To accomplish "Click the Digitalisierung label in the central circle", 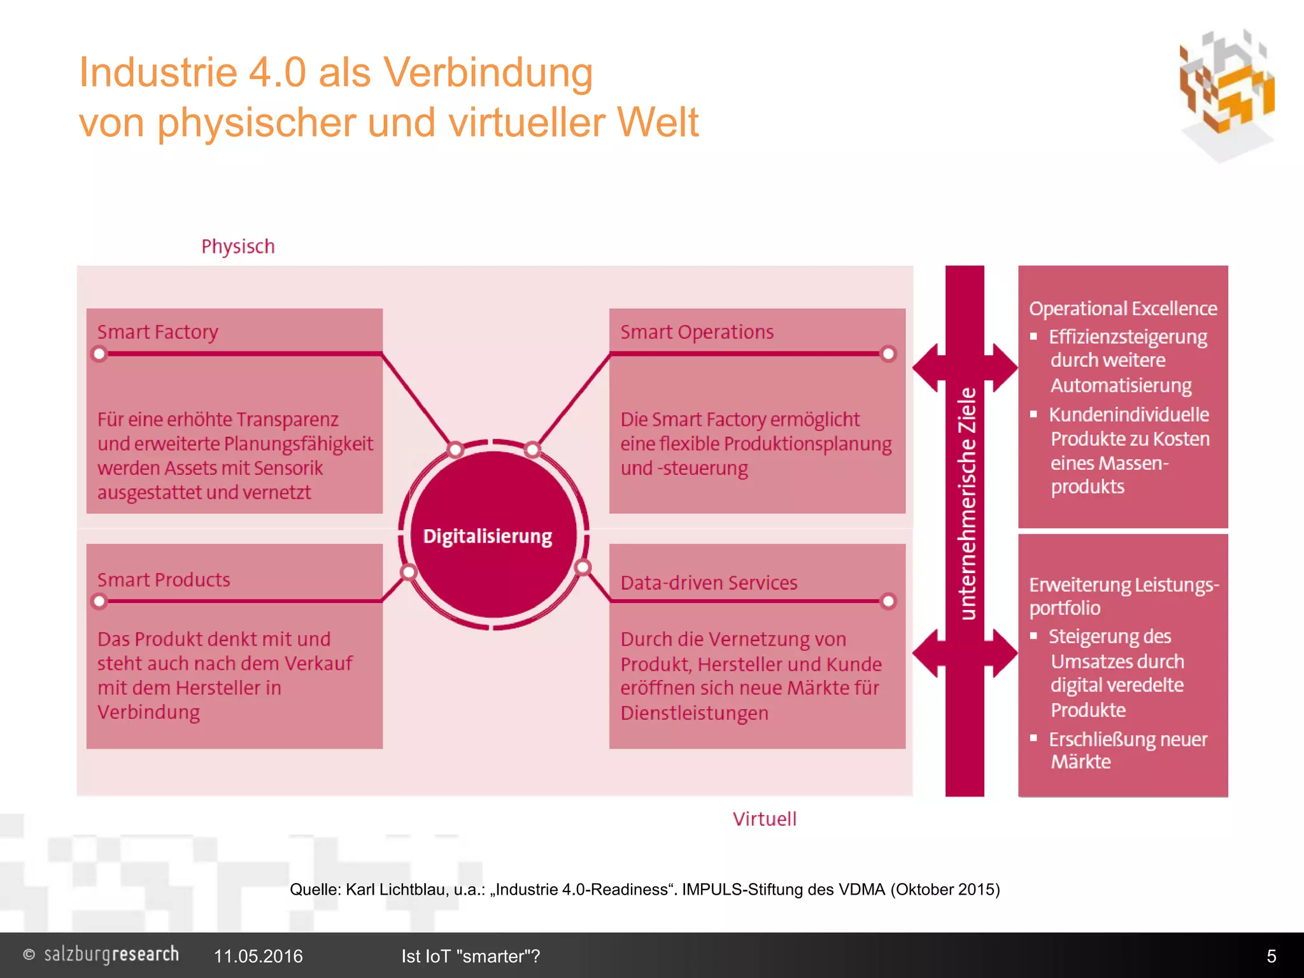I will click(488, 536).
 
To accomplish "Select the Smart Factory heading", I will click(157, 332).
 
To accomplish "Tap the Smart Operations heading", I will click(697, 332).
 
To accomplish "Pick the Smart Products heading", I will click(164, 579).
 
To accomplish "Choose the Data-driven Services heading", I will click(709, 583).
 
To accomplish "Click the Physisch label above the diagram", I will click(237, 246).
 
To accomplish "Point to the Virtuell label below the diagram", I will click(764, 819).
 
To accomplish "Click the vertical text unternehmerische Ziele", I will click(967, 503).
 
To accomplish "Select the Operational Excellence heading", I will click(1123, 308).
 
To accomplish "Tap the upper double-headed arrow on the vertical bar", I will click(965, 367).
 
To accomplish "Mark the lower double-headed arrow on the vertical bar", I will click(965, 653).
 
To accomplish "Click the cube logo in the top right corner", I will click(1226, 92).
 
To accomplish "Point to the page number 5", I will click(1271, 956).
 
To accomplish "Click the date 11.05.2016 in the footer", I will click(258, 956).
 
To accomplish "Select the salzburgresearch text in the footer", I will click(111, 954).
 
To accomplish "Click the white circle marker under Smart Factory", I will click(99, 353).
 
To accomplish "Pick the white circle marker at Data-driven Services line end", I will click(888, 601).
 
